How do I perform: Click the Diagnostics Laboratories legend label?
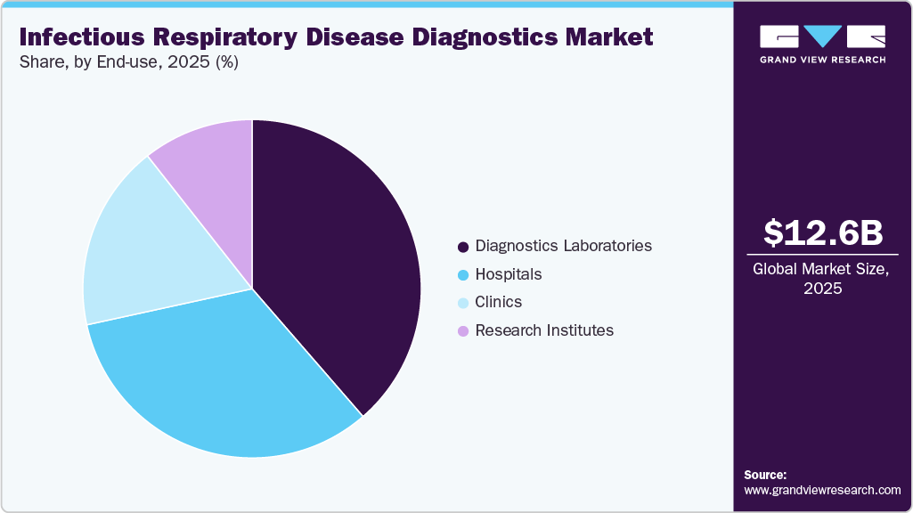tap(563, 245)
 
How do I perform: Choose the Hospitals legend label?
tap(508, 273)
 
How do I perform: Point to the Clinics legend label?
tap(498, 302)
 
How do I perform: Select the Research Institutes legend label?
tap(544, 330)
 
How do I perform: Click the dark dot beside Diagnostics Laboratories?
tap(462, 246)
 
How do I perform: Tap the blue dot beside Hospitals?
tap(462, 274)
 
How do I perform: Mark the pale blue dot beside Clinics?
tap(462, 303)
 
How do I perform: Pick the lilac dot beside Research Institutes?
tap(462, 331)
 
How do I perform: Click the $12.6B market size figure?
tap(823, 232)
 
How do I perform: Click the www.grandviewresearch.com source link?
tap(822, 490)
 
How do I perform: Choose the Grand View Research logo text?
tap(822, 60)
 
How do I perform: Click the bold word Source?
tap(765, 475)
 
